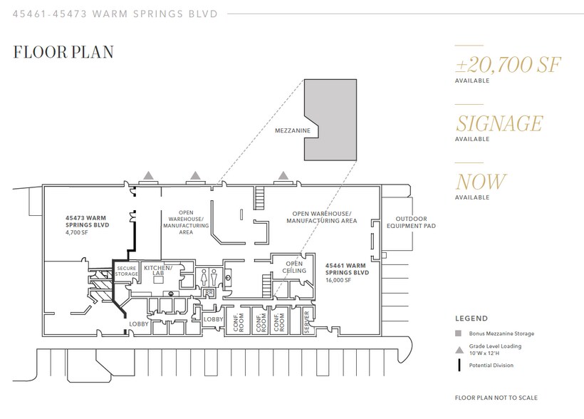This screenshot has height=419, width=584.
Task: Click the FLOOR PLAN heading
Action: pyautogui.click(x=63, y=52)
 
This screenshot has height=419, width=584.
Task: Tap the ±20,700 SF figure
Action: pyautogui.click(x=508, y=65)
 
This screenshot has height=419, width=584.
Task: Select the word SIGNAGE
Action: pyautogui.click(x=499, y=123)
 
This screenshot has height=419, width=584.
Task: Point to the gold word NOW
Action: pyautogui.click(x=481, y=182)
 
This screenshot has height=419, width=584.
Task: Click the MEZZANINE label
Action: pyautogui.click(x=293, y=130)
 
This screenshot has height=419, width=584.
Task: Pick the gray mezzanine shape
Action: pyautogui.click(x=335, y=120)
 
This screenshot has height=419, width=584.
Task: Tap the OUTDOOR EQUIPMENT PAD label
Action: pyautogui.click(x=411, y=222)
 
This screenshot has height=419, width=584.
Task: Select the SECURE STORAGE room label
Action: pyautogui.click(x=126, y=271)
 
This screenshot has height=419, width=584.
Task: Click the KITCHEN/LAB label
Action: pyautogui.click(x=158, y=270)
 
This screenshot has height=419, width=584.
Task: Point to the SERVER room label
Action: pyautogui.click(x=307, y=321)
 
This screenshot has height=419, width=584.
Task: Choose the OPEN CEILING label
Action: pyautogui.click(x=294, y=267)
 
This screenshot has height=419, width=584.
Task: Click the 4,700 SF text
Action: pyautogui.click(x=77, y=232)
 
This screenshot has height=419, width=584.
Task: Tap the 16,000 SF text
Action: pyautogui.click(x=338, y=280)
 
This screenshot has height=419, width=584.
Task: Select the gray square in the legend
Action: pyautogui.click(x=459, y=333)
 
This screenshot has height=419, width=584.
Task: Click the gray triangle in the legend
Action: pyautogui.click(x=459, y=350)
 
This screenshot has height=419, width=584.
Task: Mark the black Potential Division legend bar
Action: pyautogui.click(x=459, y=366)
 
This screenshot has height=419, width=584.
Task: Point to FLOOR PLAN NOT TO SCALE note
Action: pyautogui.click(x=496, y=398)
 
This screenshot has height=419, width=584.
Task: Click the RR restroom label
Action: pyautogui.click(x=209, y=293)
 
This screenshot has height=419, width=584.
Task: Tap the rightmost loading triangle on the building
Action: pyautogui.click(x=283, y=175)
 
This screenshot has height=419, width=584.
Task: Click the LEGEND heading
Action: pyautogui.click(x=471, y=319)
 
